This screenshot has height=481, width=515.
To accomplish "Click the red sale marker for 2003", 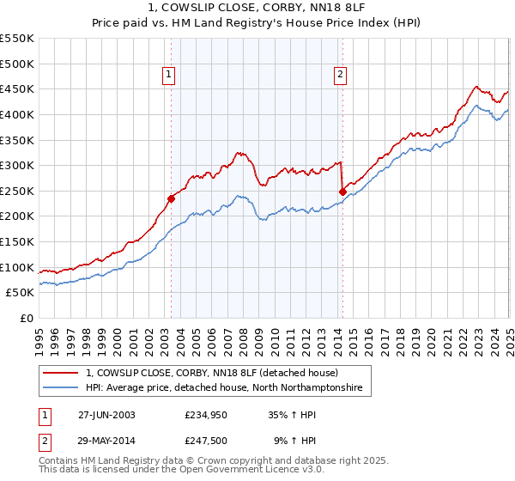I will coord(171,198).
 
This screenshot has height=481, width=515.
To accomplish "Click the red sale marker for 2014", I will coord(342,192).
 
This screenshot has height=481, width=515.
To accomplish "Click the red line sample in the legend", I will coord(60,374).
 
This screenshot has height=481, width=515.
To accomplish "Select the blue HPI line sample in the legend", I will coord(60,388).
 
